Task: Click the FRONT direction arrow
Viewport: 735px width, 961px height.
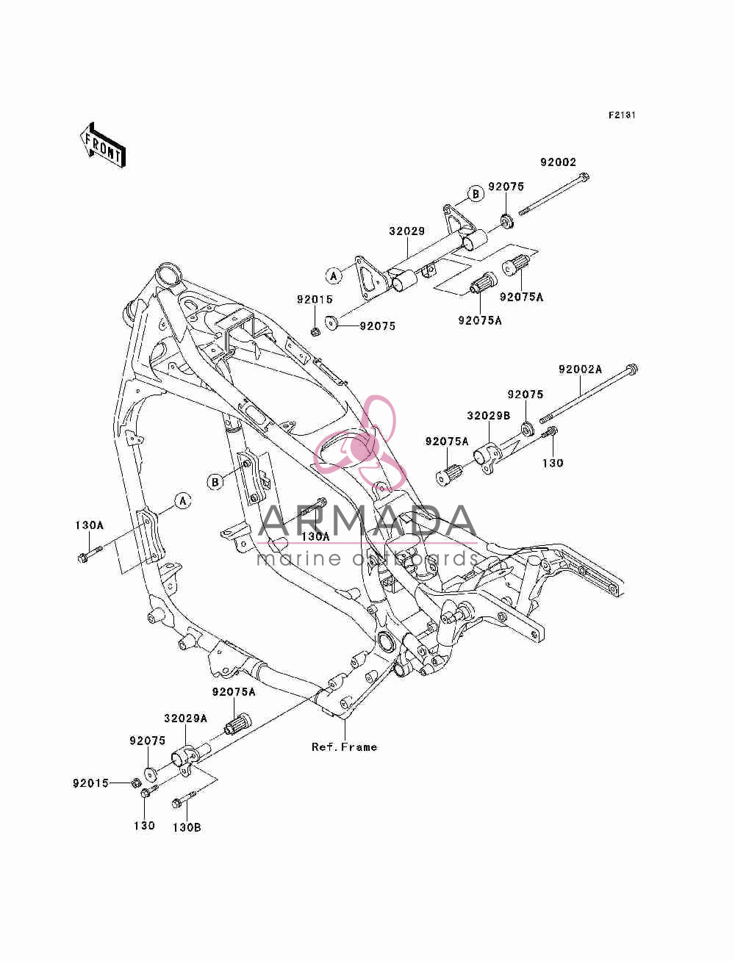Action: pos(103,145)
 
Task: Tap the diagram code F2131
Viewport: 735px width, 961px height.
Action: pos(622,115)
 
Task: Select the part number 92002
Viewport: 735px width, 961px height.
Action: pos(558,162)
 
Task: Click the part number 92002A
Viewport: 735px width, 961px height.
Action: pos(580,370)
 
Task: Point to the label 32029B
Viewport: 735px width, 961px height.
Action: pos(488,416)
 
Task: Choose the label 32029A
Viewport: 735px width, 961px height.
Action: pos(186,719)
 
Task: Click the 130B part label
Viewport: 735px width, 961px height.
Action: pos(187,828)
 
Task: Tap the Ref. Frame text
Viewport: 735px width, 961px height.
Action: pos(344,747)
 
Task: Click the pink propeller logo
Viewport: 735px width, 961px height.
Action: pos(359,442)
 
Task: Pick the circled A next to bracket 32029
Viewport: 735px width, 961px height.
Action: pos(334,276)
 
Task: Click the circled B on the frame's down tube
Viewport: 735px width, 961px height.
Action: pos(215,483)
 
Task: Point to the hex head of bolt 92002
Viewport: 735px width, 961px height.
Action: pos(584,177)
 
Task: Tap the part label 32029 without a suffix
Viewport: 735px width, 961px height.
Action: pos(407,231)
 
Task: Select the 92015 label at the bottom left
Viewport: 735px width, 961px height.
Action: pos(90,783)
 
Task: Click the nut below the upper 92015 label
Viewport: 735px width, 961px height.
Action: pos(315,331)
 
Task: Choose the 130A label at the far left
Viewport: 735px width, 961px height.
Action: pos(90,525)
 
